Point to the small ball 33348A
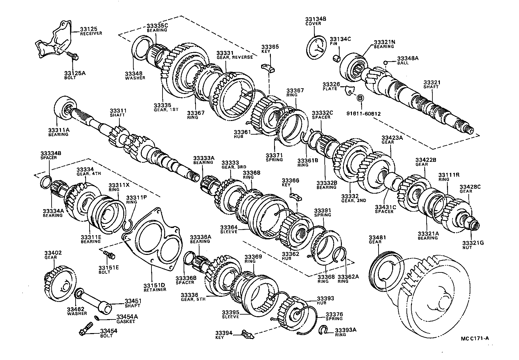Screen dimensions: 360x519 click(385, 63)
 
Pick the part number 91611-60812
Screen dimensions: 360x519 click(363, 114)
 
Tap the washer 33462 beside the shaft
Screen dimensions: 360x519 click(78, 294)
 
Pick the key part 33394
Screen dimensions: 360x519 click(247, 333)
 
